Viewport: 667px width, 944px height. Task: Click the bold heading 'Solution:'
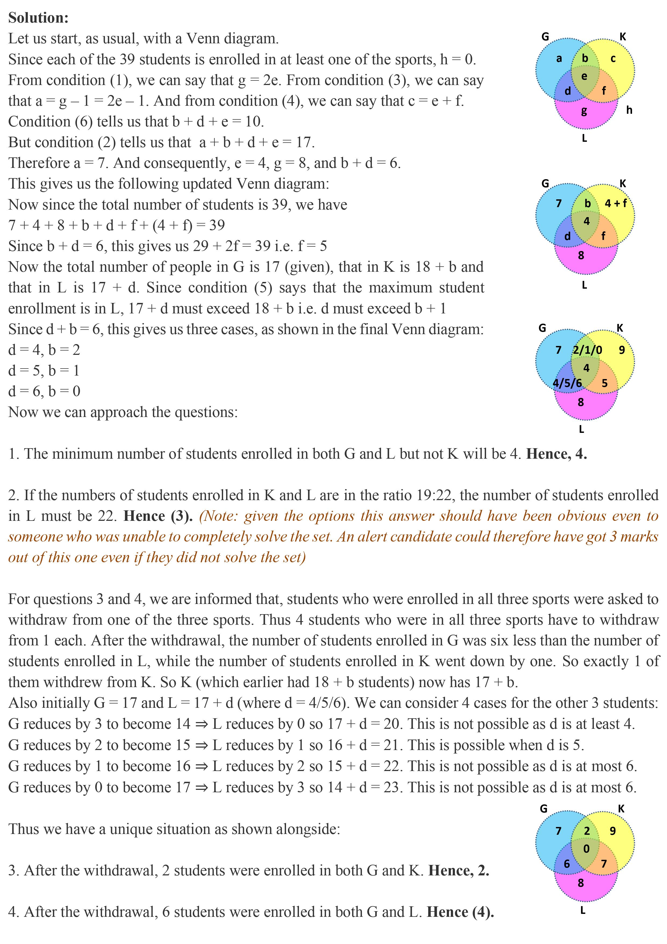[38, 18]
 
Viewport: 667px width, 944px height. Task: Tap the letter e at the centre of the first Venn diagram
[584, 76]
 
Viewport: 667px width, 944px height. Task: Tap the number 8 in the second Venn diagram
[581, 255]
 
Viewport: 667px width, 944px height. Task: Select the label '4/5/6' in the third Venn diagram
[567, 383]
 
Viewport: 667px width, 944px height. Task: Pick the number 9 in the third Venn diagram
[621, 350]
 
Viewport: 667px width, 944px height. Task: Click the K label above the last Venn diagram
[621, 809]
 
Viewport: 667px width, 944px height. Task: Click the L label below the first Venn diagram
[584, 139]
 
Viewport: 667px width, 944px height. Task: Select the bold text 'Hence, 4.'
[557, 454]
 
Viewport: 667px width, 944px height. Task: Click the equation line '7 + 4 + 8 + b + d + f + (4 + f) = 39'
[116, 225]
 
